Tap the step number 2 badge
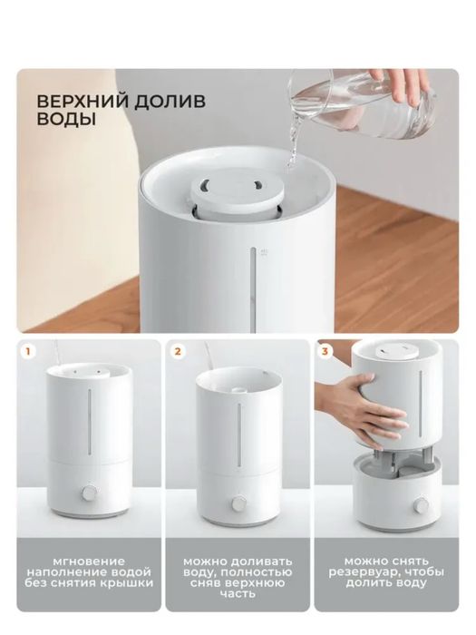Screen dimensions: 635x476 click(177, 348)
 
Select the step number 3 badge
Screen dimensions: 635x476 click(325, 348)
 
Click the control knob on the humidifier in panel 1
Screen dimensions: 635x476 click(90, 494)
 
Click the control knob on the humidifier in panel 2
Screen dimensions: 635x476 click(238, 502)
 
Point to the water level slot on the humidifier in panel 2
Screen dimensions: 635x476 click(238, 431)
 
